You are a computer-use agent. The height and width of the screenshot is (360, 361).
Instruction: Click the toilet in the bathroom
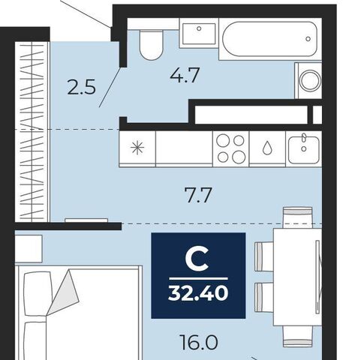[x=150, y=45]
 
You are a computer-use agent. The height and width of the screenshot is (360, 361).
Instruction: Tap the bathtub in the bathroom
[x=270, y=39]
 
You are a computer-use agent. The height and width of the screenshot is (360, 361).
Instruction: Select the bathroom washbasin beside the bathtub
[x=199, y=33]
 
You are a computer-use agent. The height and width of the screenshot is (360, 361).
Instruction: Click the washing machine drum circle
[x=311, y=80]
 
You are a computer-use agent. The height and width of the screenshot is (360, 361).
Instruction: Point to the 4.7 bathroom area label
[x=185, y=75]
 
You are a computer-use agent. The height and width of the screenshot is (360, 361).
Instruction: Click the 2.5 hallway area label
[x=81, y=87]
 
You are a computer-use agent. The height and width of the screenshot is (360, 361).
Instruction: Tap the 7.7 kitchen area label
[x=198, y=195]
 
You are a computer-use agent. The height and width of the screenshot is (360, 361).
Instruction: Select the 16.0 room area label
[x=199, y=343]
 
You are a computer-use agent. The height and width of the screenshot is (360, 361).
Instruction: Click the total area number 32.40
[x=198, y=293]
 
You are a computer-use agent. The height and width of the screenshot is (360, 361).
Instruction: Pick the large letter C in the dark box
[x=197, y=259]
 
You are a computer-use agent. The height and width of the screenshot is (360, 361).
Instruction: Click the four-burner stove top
[x=230, y=148]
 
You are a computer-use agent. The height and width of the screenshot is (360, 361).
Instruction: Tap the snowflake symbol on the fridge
[x=137, y=148]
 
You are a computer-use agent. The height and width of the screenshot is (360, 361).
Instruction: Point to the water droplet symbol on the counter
[x=267, y=148]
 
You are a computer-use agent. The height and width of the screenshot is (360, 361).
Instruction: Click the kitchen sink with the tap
[x=304, y=148]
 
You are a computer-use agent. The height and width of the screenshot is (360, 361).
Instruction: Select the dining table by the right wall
[x=297, y=277]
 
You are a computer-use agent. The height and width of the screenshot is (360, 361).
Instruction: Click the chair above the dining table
[x=297, y=217]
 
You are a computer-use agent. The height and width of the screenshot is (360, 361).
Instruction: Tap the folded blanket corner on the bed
[x=64, y=292]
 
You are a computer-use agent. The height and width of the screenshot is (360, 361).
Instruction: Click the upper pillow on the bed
[x=38, y=294]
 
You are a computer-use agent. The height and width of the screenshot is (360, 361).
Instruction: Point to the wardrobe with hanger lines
[x=32, y=132]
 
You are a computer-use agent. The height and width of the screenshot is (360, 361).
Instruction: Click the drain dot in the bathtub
[x=308, y=39]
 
